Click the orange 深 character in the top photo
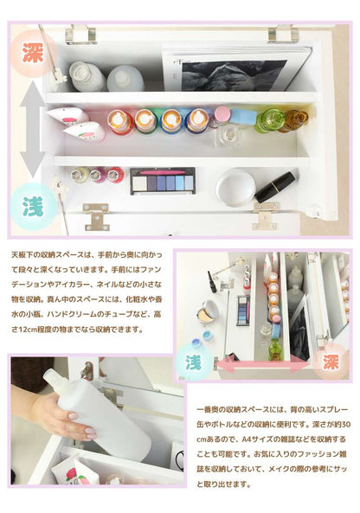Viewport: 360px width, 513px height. (x=33, y=53)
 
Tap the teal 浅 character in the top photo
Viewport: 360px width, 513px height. (x=33, y=207)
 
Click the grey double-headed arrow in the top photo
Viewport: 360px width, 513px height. (x=33, y=130)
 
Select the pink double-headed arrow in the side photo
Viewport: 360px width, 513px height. (x=262, y=365)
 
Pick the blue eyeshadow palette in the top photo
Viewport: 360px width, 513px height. (x=163, y=181)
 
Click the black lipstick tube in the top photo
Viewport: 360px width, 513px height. (x=275, y=187)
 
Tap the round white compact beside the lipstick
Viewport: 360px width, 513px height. (x=235, y=187)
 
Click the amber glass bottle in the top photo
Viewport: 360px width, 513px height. (x=293, y=120)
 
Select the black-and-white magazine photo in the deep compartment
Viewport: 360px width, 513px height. (x=235, y=75)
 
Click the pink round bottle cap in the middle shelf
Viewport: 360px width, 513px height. (x=222, y=112)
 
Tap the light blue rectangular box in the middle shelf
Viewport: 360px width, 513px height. (x=243, y=116)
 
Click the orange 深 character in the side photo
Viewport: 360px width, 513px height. (x=331, y=362)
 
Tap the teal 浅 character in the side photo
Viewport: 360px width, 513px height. (x=193, y=362)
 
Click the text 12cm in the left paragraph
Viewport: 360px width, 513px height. (x=27, y=330)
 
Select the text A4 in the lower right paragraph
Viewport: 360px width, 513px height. (x=247, y=439)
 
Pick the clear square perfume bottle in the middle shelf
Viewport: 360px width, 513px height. (x=227, y=137)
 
